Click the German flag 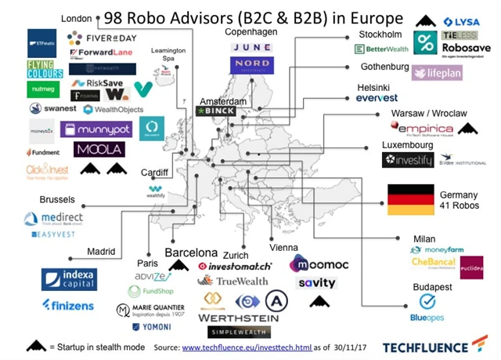pyautogui.click(x=411, y=200)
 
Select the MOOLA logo pyautogui.click(x=99, y=149)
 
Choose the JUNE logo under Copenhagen pyautogui.click(x=251, y=47)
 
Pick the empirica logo pyautogui.click(x=426, y=129)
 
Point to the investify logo pyautogui.click(x=407, y=160)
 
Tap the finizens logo pyautogui.click(x=68, y=306)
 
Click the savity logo pyautogui.click(x=316, y=283)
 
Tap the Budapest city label pyautogui.click(x=432, y=288)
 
